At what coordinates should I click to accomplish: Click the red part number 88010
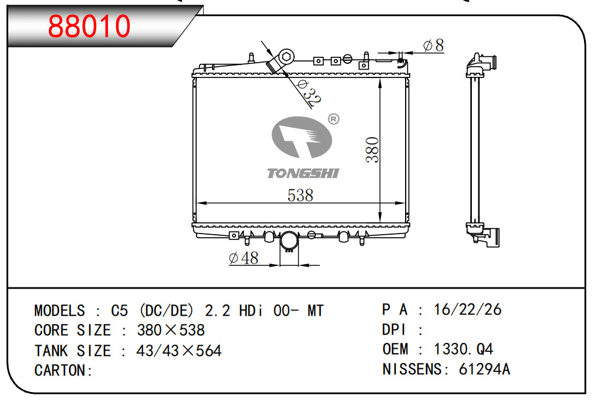pos(89,26)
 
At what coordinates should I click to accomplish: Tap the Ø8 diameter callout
pos(433,46)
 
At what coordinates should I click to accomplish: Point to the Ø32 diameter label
pos(309,93)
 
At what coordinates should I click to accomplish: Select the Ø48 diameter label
pos(243,258)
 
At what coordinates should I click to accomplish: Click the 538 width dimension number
pos(300,195)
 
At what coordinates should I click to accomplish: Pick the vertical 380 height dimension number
pos(373,150)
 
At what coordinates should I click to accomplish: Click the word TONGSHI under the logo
pos(303,173)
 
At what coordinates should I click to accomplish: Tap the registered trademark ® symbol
pos(334,119)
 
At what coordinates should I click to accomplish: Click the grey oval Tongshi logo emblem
pos(302,137)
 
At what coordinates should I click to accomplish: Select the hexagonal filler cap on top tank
pos(286,57)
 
